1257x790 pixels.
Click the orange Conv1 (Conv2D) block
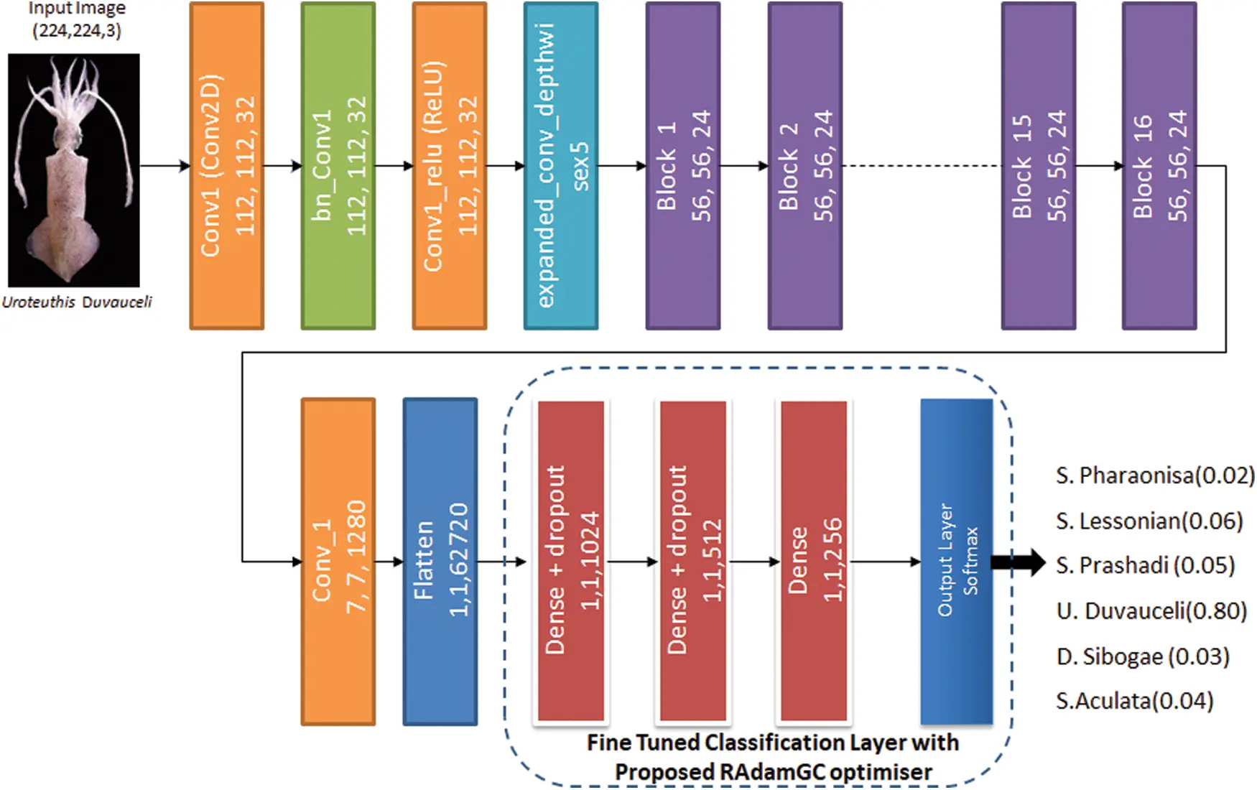coord(226,166)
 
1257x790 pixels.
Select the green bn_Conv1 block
coord(338,166)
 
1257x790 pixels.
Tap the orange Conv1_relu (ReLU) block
coord(449,166)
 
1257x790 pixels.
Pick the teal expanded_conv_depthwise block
coord(560,166)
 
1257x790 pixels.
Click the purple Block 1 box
coord(682,166)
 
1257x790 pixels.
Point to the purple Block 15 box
coord(1038,166)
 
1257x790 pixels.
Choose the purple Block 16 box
coord(1159,166)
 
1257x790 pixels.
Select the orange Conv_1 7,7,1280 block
coord(338,561)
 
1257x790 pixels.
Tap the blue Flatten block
coord(440,561)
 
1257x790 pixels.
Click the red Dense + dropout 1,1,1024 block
coord(571,561)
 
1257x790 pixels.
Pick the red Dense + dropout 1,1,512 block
coord(693,561)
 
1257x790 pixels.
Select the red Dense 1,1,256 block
coord(814,561)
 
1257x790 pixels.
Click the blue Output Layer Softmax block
coord(957,561)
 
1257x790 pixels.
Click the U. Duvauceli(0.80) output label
coord(1151,611)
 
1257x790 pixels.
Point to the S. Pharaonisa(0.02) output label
coord(1154,475)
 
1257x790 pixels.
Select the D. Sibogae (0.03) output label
coord(1142,656)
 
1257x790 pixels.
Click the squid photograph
coord(74,170)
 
